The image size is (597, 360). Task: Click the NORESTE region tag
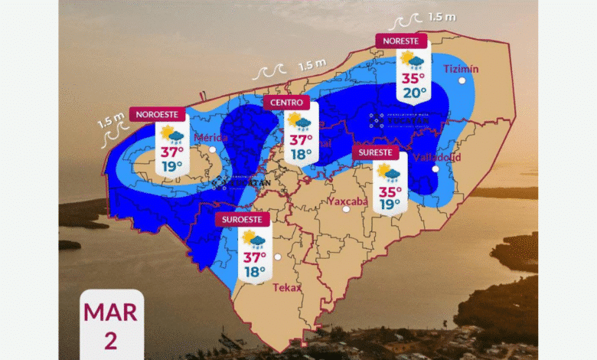pyautogui.click(x=400, y=40)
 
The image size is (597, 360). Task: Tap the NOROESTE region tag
pyautogui.click(x=158, y=114)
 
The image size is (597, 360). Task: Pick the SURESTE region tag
pyautogui.click(x=376, y=152)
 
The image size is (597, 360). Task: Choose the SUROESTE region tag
pyautogui.click(x=243, y=219)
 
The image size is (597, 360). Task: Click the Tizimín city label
pyautogui.click(x=461, y=69)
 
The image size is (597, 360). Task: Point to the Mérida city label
pyautogui.click(x=210, y=138)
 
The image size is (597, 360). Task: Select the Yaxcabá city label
pyautogui.click(x=347, y=201)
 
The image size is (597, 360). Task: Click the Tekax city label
pyautogui.click(x=287, y=288)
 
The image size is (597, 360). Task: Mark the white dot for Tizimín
pyautogui.click(x=462, y=80)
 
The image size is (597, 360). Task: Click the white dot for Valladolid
pyautogui.click(x=435, y=169)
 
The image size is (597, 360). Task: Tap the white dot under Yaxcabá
pyautogui.click(x=346, y=208)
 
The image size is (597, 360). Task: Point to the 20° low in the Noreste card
pyautogui.click(x=414, y=93)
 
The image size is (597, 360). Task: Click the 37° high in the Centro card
pyautogui.click(x=299, y=140)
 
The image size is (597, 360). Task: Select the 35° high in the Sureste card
pyautogui.click(x=390, y=191)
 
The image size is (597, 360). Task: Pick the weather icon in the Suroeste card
pyautogui.click(x=254, y=241)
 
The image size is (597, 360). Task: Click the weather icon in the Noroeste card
pyautogui.click(x=171, y=136)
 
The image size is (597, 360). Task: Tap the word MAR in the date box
pyautogui.click(x=111, y=313)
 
